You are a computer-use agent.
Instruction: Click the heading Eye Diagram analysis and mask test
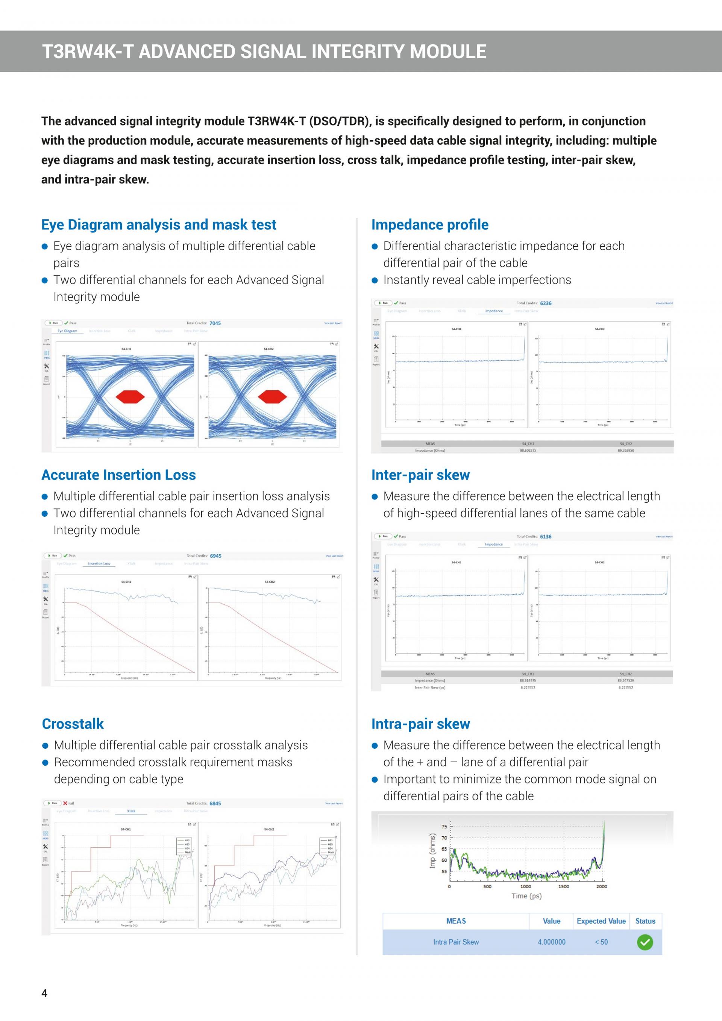[159, 225]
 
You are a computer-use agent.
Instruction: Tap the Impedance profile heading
[429, 225]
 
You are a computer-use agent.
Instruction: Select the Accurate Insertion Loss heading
[118, 475]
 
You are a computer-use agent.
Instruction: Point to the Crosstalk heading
[73, 724]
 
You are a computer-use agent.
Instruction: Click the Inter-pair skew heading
[420, 475]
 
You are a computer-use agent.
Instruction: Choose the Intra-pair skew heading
[420, 724]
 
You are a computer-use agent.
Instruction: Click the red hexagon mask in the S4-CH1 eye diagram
[130, 396]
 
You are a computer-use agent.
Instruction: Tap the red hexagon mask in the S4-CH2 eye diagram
[272, 396]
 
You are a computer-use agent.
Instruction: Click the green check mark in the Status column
[645, 942]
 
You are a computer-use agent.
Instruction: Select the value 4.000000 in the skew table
[551, 942]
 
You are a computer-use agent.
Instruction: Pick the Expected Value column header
[601, 921]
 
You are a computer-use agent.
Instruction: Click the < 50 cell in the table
[601, 942]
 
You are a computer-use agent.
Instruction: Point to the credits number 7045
[215, 323]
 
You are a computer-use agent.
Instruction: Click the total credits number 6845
[215, 804]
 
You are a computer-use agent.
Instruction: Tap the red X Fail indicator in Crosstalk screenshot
[65, 803]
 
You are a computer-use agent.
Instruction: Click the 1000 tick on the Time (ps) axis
[525, 886]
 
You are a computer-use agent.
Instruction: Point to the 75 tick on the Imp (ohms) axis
[444, 827]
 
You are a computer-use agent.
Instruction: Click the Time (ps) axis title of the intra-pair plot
[526, 896]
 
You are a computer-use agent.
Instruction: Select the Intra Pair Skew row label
[456, 942]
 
